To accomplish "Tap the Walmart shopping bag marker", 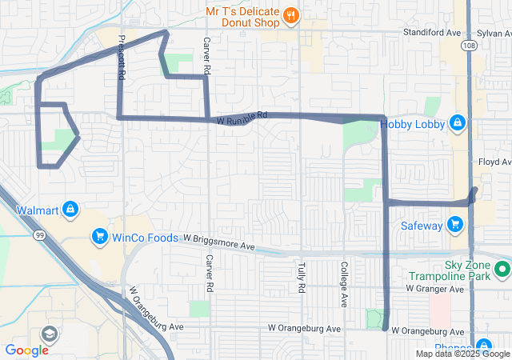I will click(x=70, y=210).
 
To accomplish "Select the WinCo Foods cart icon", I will click(x=100, y=236).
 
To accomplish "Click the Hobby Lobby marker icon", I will click(x=457, y=122).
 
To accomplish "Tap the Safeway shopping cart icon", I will click(x=455, y=225).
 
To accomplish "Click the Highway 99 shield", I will click(x=39, y=236).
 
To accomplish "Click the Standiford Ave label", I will click(x=432, y=33).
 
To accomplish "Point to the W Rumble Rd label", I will click(x=241, y=118).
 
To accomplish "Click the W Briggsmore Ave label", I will click(x=218, y=242).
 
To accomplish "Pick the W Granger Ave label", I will click(x=435, y=288).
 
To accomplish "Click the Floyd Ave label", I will click(x=494, y=162).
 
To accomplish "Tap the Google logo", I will click(x=27, y=350).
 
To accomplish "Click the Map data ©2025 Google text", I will click(x=462, y=354).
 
